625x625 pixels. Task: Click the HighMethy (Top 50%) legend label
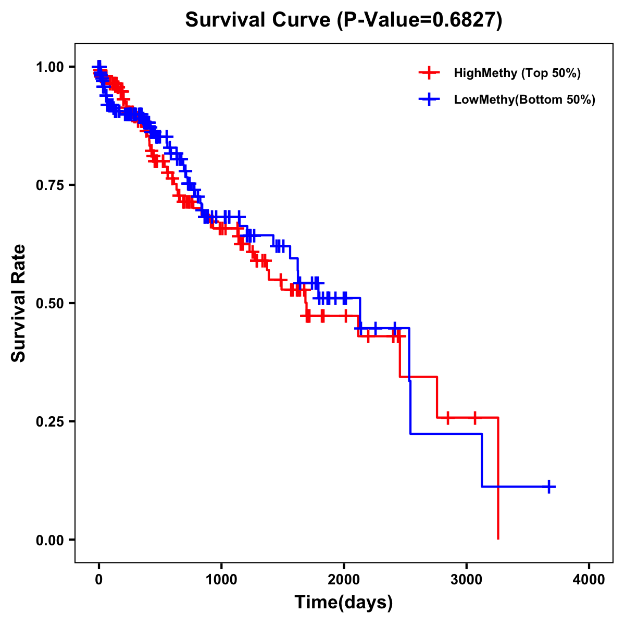517,73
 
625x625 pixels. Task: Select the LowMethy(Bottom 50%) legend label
524,99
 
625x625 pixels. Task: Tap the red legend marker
429,73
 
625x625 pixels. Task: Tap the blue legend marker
429,99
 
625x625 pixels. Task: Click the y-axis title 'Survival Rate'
19,303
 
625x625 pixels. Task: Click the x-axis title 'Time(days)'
344,603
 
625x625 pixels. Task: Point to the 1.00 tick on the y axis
50,67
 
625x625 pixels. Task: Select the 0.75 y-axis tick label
50,185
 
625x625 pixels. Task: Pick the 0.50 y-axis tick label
50,304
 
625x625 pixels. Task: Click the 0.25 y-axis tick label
50,421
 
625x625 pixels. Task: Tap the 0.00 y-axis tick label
50,540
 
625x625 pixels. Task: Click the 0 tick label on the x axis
99,580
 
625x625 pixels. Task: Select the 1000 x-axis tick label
221,580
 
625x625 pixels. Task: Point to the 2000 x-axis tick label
344,580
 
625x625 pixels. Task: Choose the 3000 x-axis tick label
466,580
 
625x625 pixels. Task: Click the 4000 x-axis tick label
589,580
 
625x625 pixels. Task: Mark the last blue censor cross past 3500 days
548,486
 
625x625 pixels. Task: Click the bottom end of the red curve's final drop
498,539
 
